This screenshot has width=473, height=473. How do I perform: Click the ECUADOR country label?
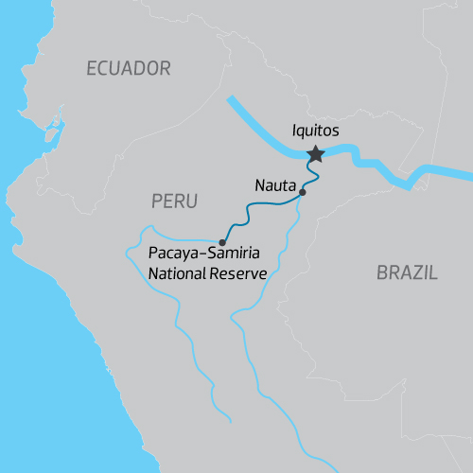[128, 68]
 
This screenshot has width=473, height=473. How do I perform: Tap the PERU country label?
[173, 201]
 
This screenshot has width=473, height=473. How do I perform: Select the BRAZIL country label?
[407, 273]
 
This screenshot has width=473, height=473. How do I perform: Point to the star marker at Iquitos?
[316, 153]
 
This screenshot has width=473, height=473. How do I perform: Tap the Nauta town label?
[275, 184]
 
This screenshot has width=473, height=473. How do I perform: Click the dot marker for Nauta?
[303, 193]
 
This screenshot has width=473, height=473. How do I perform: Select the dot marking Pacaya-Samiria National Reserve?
[222, 241]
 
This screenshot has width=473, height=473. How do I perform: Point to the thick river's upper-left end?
[230, 97]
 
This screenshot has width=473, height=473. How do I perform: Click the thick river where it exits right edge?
[467, 174]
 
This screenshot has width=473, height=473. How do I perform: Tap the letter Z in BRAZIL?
[416, 273]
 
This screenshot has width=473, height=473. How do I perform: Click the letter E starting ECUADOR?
[92, 68]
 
